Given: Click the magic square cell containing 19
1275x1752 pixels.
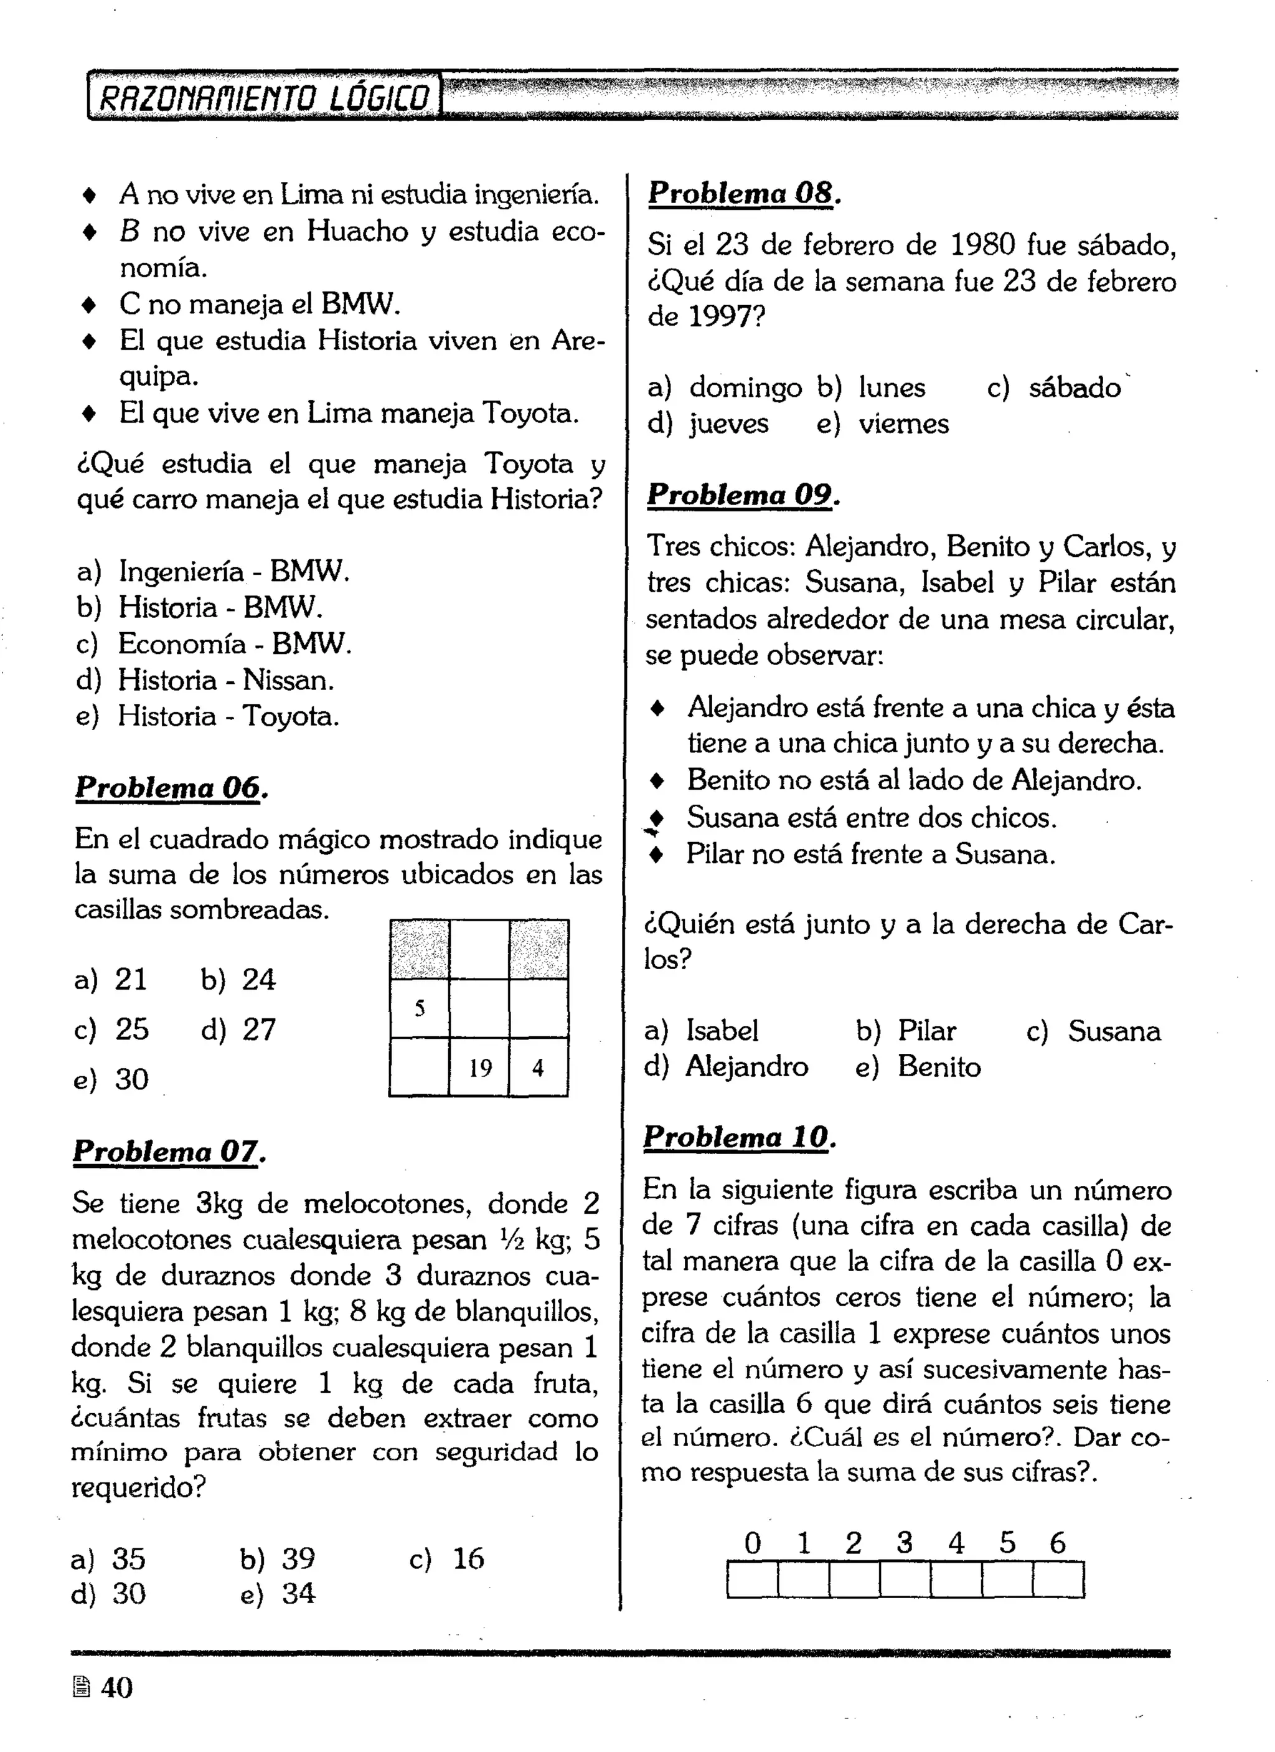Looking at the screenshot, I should [479, 1068].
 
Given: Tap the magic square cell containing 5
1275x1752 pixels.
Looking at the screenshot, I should [420, 1008].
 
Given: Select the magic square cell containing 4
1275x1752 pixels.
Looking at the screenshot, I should [539, 1068].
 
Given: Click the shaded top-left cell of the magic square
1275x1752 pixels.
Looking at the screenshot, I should [420, 949].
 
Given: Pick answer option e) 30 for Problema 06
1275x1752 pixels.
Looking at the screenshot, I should [113, 1079].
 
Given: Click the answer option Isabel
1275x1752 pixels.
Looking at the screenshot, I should [703, 1031].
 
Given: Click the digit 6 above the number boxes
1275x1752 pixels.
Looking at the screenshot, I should [1057, 1543].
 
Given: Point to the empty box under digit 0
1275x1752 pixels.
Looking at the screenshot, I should [752, 1579].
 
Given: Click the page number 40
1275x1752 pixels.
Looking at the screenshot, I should [116, 1688].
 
